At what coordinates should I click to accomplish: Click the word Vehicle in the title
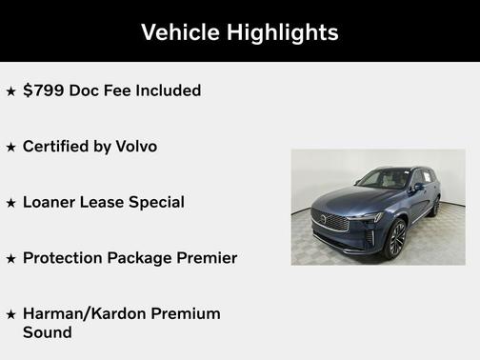coord(180,32)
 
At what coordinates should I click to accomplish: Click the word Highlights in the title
coord(282,32)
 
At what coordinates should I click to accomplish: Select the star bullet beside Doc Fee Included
coord(11,91)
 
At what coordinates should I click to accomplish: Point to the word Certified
coord(61,147)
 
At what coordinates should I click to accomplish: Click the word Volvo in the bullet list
coord(136,147)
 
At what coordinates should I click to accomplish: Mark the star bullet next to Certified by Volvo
coord(11,148)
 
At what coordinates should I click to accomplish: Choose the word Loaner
coord(51,202)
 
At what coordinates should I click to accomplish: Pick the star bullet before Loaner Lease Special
coord(11,203)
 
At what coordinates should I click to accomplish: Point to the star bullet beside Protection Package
coord(11,259)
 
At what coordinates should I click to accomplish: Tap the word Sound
coord(48,332)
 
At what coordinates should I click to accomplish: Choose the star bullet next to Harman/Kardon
coord(11,314)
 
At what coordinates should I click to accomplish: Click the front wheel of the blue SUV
coord(394,237)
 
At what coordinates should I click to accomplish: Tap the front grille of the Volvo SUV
coord(330,221)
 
